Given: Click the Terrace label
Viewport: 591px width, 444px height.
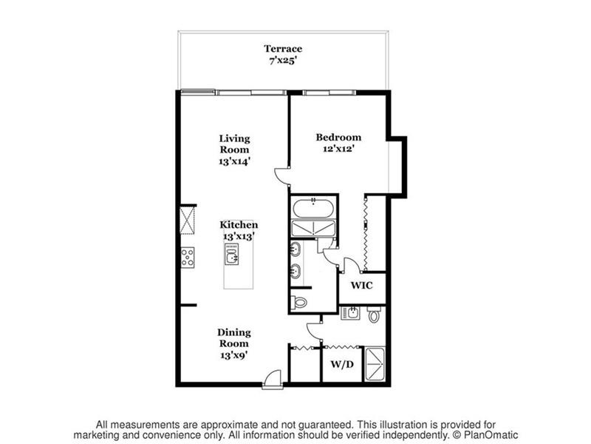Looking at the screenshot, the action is pyautogui.click(x=283, y=49).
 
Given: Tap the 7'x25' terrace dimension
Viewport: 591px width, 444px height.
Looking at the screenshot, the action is pyautogui.click(x=283, y=60).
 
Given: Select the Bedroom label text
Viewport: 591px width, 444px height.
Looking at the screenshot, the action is pyautogui.click(x=338, y=137).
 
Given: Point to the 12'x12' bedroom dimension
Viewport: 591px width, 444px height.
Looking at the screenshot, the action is pyautogui.click(x=338, y=149).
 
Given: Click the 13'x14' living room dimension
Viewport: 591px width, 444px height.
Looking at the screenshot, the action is pyautogui.click(x=234, y=161).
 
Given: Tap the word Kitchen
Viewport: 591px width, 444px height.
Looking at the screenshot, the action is pyautogui.click(x=239, y=225).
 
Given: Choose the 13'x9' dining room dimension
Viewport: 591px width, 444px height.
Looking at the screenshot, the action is pyautogui.click(x=233, y=355).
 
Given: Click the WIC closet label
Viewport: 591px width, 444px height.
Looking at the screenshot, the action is pyautogui.click(x=362, y=286).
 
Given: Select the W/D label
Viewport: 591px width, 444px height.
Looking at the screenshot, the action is pyautogui.click(x=342, y=364).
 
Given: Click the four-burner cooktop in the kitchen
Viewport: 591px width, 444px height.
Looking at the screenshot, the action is pyautogui.click(x=188, y=258).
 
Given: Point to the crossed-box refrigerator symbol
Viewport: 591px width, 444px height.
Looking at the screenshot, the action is pyautogui.click(x=188, y=220).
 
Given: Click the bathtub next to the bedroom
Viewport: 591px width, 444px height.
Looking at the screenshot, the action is pyautogui.click(x=313, y=208).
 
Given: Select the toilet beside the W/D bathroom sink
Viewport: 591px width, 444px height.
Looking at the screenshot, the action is pyautogui.click(x=374, y=314).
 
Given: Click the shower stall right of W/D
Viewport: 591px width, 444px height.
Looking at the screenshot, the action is pyautogui.click(x=375, y=364).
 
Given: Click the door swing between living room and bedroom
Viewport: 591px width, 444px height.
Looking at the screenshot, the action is pyautogui.click(x=282, y=176).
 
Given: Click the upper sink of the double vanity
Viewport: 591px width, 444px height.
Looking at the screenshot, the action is pyautogui.click(x=295, y=249).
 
